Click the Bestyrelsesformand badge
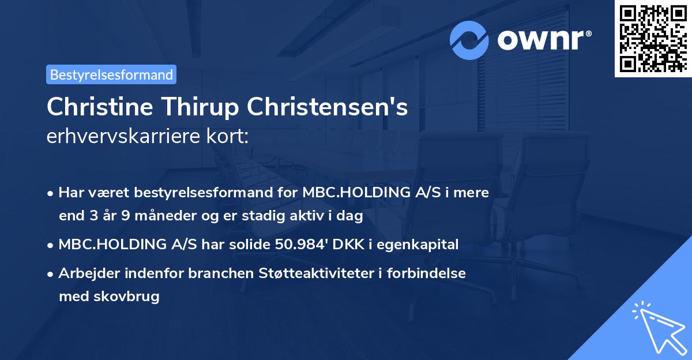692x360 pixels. [111, 74]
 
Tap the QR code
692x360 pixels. [653, 39]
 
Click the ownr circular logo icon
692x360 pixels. [469, 40]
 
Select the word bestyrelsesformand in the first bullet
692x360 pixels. [204, 193]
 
